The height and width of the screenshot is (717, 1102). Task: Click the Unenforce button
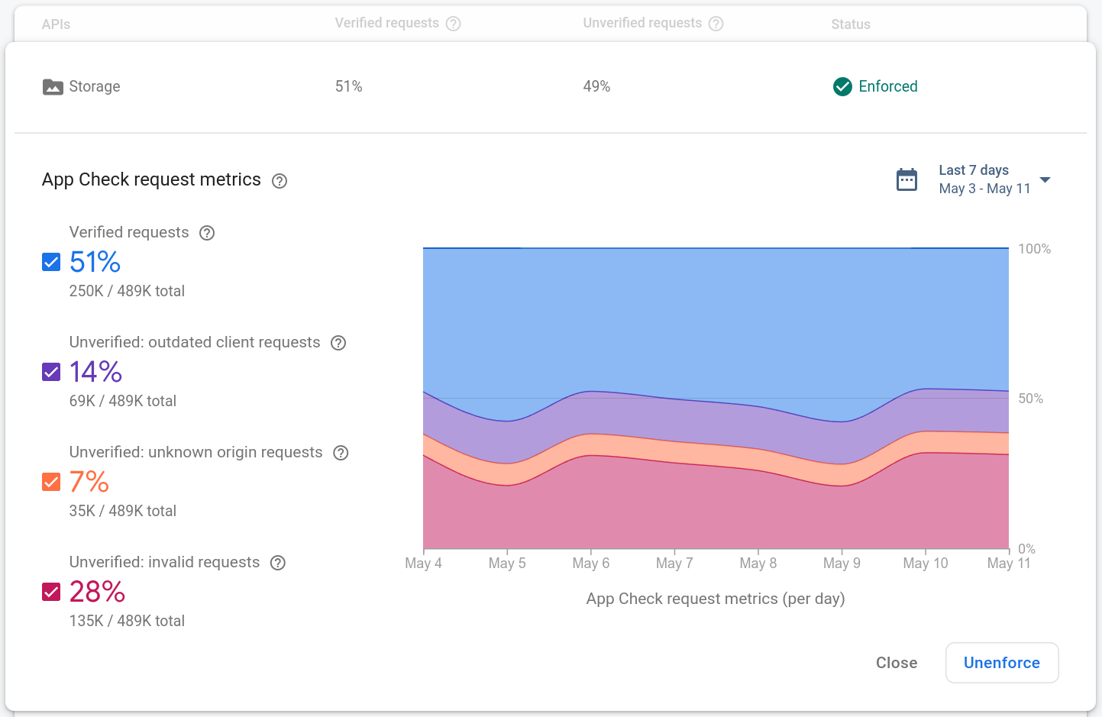(1001, 663)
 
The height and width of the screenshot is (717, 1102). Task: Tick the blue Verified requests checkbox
(51, 263)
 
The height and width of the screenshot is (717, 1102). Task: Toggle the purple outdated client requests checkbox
(51, 373)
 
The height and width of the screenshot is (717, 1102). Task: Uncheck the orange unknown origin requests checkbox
(51, 483)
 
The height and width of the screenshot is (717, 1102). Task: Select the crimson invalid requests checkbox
(51, 593)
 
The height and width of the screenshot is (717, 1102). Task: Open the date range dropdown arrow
(1045, 180)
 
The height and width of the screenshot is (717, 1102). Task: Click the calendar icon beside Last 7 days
(906, 180)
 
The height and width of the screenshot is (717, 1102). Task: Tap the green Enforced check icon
(842, 87)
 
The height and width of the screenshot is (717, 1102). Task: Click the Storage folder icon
(53, 87)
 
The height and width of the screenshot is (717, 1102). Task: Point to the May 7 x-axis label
(674, 564)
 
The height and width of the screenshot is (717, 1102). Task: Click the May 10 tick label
(925, 564)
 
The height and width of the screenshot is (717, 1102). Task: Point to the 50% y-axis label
(1030, 399)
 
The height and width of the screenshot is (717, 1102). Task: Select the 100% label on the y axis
(1034, 249)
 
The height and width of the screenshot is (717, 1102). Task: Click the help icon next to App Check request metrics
(280, 181)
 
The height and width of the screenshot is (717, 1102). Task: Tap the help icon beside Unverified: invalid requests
(278, 563)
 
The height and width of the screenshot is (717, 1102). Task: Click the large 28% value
(97, 592)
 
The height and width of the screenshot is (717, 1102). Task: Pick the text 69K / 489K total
(122, 401)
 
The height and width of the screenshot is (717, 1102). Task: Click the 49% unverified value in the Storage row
(596, 87)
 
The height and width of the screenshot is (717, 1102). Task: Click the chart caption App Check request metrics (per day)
(715, 599)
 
